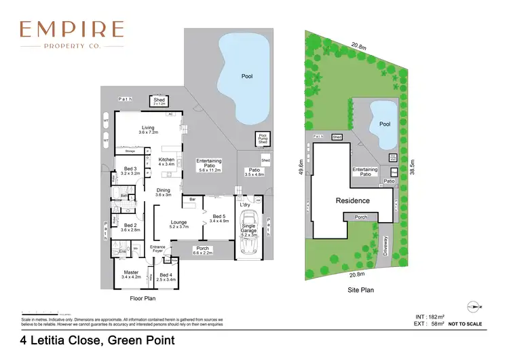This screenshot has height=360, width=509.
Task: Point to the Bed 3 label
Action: pyautogui.click(x=130, y=170)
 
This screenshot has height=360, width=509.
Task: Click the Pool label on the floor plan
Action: pyautogui.click(x=247, y=76)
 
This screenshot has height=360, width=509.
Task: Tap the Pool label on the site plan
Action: pyautogui.click(x=385, y=124)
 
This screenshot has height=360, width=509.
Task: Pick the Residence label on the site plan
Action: pyautogui.click(x=353, y=200)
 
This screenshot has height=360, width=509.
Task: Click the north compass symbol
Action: pyautogui.click(x=472, y=306)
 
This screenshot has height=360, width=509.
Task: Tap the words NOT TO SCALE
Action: pyautogui.click(x=466, y=324)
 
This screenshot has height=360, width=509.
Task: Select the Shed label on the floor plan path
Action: pyautogui.click(x=159, y=101)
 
